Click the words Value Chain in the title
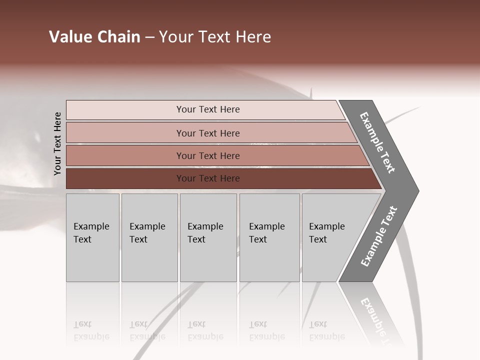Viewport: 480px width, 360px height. click(94, 37)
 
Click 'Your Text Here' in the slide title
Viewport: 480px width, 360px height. click(215, 37)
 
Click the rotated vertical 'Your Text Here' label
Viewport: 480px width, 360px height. click(57, 144)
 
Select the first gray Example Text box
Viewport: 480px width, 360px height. click(92, 237)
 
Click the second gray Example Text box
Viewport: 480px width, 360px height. click(149, 237)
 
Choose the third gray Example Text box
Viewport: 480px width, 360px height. click(208, 237)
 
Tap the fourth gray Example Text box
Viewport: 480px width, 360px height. click(269, 237)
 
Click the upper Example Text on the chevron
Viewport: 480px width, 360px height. click(377, 142)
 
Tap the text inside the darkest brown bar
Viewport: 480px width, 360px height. click(208, 178)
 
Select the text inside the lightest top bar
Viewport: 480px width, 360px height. click(208, 109)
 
